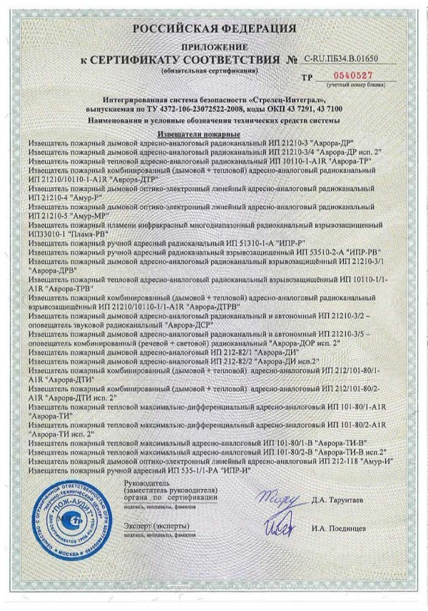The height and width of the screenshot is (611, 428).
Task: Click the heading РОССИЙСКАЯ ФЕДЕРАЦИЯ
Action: (x=213, y=29)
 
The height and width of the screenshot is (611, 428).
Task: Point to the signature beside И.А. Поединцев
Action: (x=277, y=527)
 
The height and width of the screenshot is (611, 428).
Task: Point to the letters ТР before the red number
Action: (x=308, y=76)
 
